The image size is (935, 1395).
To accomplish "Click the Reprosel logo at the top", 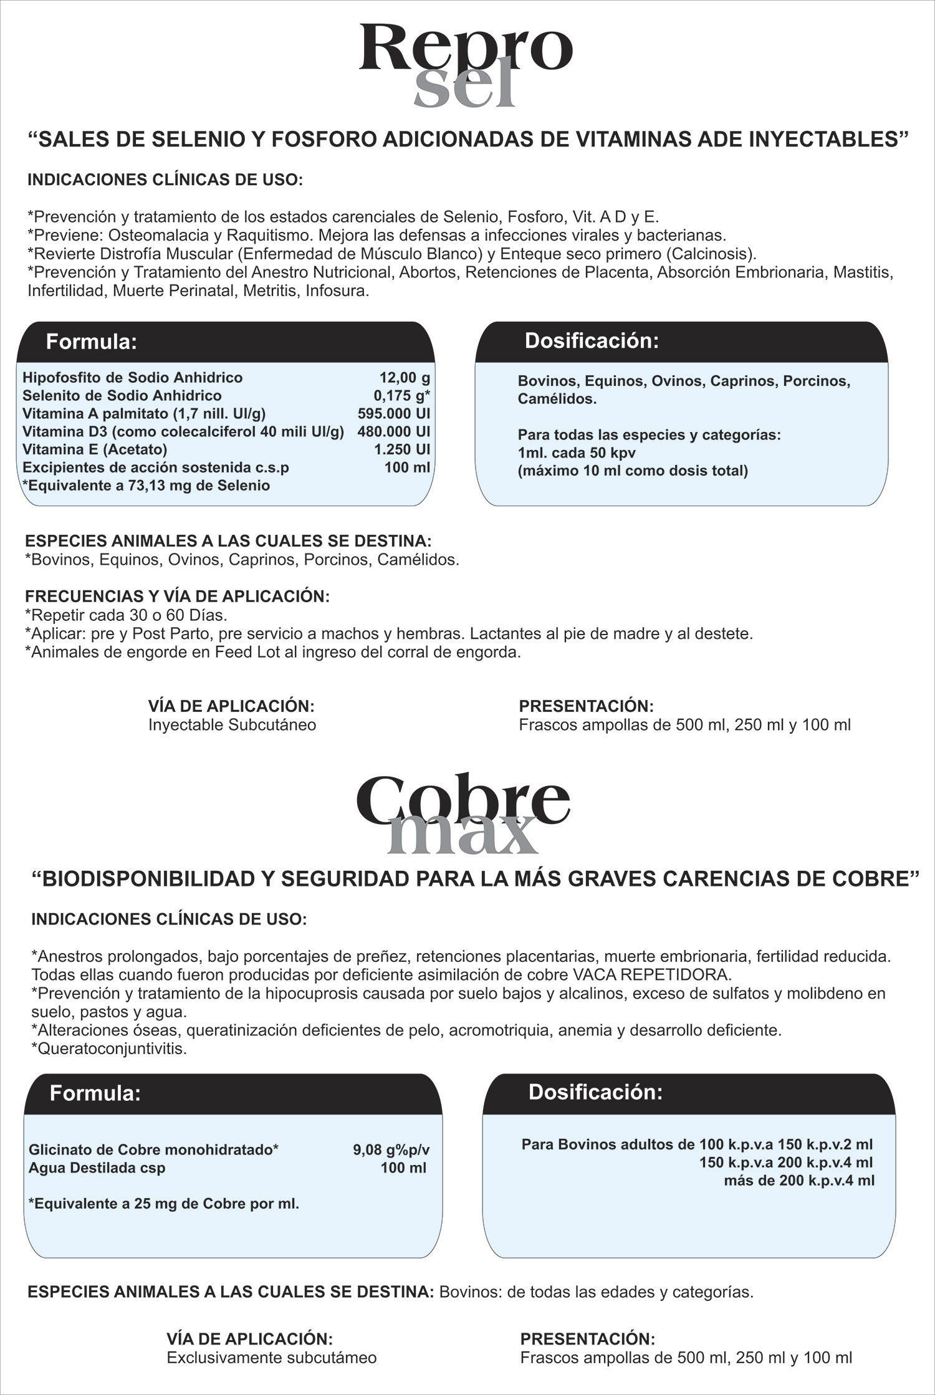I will coord(466,65).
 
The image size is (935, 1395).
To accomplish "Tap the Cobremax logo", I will coord(463,815).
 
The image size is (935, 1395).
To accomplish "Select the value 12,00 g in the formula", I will coord(405,378).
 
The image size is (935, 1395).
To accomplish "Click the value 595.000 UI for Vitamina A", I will coord(394,414).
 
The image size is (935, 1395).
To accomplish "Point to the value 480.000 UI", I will coord(394,432).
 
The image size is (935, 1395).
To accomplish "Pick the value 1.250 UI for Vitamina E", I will coord(402,450).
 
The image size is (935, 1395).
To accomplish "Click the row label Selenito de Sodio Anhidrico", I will coord(122,396).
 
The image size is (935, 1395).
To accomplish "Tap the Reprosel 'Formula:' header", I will coord(92,342).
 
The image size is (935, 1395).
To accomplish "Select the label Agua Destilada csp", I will coord(97,1168).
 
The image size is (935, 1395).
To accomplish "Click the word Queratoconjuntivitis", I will coord(113,1048).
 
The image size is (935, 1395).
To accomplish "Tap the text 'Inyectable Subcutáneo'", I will coord(232,725).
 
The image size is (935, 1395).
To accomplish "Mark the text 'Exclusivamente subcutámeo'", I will coord(271,1358).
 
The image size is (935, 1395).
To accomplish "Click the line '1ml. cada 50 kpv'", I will coord(577,453).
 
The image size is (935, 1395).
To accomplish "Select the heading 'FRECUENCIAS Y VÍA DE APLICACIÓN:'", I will coord(177,597).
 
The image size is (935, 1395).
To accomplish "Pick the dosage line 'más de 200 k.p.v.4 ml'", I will coord(799,1180).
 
